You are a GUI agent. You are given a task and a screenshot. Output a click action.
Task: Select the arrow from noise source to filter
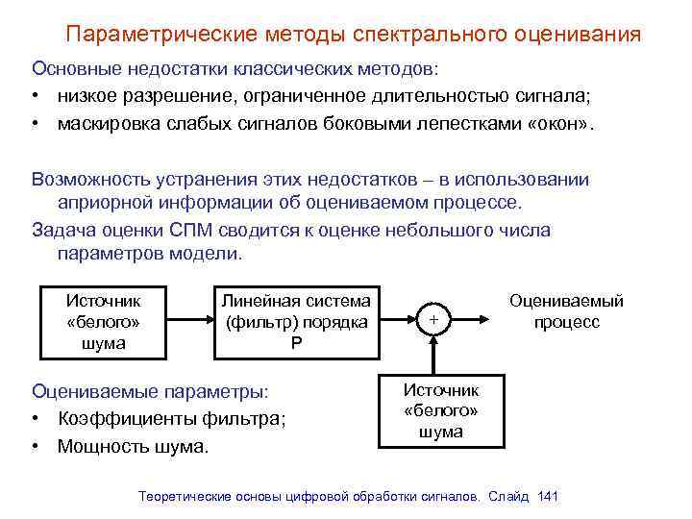click(x=192, y=321)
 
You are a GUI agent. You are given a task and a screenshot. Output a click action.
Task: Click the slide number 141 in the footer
click(x=549, y=496)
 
